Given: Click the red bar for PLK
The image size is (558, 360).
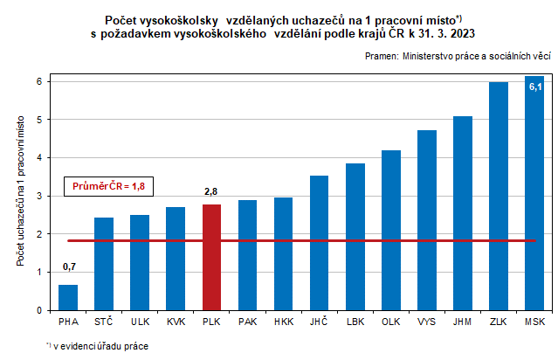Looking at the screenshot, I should (x=211, y=257).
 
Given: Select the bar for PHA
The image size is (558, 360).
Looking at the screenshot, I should (x=68, y=297).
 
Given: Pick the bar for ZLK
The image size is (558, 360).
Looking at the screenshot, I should (x=499, y=196).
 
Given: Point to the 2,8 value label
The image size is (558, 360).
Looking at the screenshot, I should (x=211, y=191).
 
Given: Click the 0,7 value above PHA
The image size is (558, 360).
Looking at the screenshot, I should (x=68, y=267).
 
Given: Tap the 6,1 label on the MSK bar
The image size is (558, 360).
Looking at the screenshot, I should (x=534, y=87).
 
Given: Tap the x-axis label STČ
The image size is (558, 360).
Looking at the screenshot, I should (x=104, y=322).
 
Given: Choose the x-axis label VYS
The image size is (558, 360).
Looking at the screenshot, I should (x=427, y=322).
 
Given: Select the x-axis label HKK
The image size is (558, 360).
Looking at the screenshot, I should (x=283, y=322).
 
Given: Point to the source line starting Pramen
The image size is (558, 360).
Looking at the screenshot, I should (x=458, y=55).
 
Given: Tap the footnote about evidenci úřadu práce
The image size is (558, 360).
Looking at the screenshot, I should (x=98, y=346).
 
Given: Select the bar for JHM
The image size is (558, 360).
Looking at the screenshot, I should (x=463, y=213).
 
